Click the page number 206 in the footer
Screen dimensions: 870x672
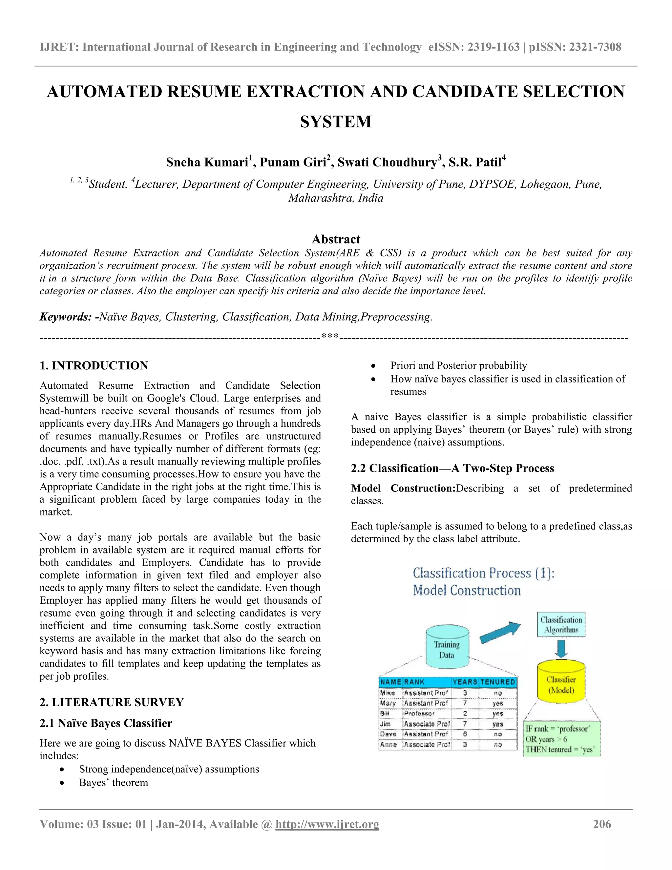[x=601, y=824]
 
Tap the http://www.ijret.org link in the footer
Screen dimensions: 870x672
[x=327, y=824]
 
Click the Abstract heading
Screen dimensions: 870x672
[x=336, y=239]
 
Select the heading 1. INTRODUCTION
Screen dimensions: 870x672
[x=94, y=365]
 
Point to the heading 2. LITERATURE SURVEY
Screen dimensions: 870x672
[x=112, y=702]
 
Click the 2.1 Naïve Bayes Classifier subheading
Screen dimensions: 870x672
[x=106, y=723]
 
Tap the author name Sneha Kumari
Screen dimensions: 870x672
[x=207, y=163]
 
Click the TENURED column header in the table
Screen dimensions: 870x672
[x=498, y=682]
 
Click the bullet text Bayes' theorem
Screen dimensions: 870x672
[x=114, y=782]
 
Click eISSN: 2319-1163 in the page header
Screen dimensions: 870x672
[x=474, y=47]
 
